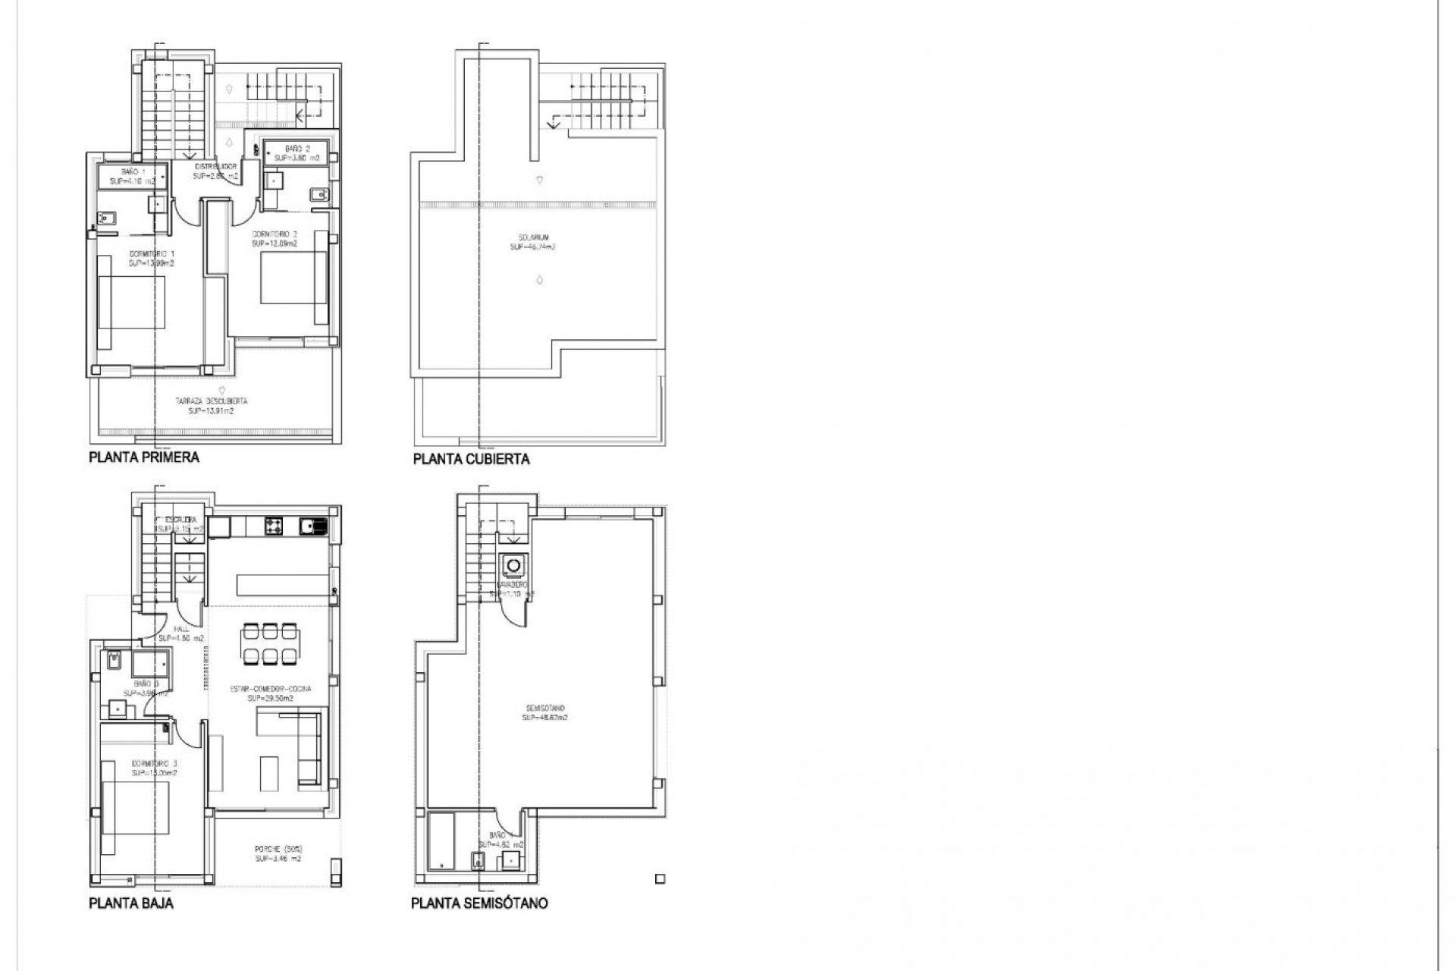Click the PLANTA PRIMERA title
(x=144, y=457)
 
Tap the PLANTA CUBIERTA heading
(x=471, y=459)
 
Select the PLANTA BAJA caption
(x=130, y=903)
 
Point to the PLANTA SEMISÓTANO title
(x=479, y=903)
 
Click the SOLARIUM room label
(x=533, y=241)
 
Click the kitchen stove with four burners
(x=274, y=525)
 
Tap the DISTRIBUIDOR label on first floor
(x=216, y=170)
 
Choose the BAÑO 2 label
(x=295, y=152)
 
